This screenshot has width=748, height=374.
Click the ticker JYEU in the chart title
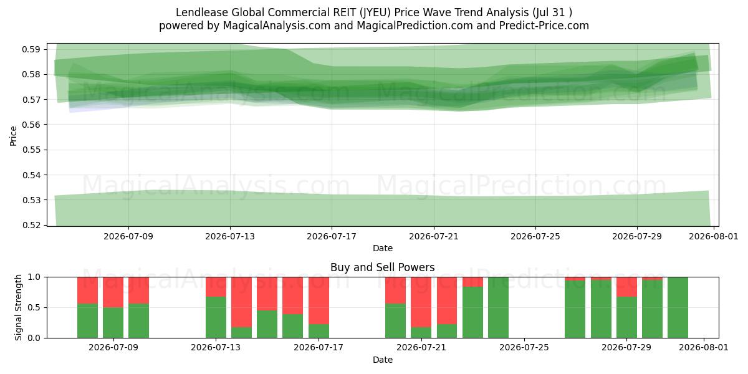click(375, 12)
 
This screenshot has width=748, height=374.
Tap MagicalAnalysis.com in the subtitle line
click(277, 26)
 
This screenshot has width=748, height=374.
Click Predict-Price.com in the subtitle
click(544, 26)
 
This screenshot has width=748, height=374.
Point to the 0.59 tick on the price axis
click(31, 49)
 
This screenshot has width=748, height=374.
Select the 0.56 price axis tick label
click(31, 125)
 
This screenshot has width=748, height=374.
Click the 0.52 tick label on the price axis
click(31, 226)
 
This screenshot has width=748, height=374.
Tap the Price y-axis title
click(13, 136)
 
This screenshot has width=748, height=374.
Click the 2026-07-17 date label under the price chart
click(332, 236)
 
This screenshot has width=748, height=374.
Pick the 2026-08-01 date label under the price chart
click(714, 236)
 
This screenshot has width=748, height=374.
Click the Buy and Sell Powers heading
click(382, 267)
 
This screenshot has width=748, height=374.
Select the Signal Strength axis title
click(18, 307)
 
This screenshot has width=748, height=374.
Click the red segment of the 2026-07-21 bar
click(421, 302)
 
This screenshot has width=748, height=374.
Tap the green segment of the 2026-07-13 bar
click(216, 317)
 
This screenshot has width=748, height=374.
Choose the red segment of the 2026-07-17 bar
click(319, 300)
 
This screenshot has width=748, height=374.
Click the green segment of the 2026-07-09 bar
click(113, 323)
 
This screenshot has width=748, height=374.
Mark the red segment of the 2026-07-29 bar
click(626, 287)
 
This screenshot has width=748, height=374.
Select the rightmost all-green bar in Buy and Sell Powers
click(678, 307)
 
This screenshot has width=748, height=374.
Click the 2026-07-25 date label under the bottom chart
click(524, 347)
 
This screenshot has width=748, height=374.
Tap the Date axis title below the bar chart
click(382, 360)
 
